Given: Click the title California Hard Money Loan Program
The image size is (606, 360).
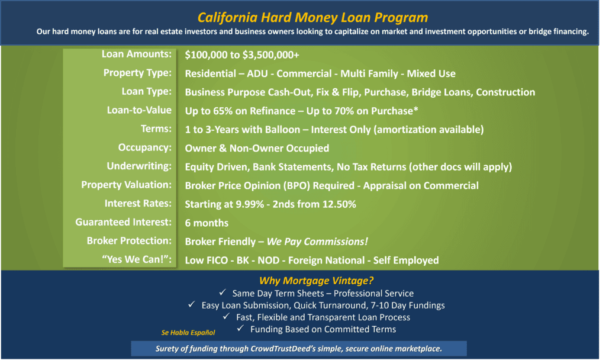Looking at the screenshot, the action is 312,17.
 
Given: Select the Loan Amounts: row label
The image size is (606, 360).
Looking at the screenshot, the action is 137,54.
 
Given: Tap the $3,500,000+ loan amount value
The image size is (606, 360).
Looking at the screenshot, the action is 270,55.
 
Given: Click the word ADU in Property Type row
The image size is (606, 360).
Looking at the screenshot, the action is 257,73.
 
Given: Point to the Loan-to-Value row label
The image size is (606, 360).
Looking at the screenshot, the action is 139,110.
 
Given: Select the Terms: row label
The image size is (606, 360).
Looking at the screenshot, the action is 156,128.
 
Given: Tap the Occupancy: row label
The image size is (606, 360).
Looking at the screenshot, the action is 145,147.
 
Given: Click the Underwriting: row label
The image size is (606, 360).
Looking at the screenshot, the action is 139,166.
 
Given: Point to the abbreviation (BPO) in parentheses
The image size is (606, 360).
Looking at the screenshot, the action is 297,185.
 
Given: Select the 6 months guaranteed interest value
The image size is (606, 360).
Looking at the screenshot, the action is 207,223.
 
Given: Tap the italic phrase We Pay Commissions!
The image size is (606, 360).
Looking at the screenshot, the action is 317,242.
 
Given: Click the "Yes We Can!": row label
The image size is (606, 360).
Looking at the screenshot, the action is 137,259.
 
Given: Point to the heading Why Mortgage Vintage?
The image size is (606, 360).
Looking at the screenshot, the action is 317,281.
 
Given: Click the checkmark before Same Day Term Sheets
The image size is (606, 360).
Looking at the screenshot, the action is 223,292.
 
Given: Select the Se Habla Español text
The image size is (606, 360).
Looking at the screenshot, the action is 188,333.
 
